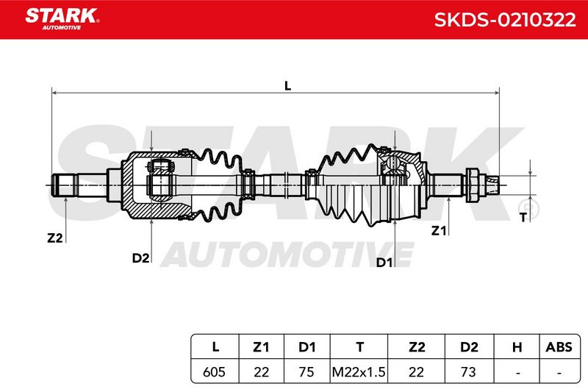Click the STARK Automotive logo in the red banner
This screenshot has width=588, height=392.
[x=62, y=19]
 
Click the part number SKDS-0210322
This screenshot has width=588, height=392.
[x=505, y=20]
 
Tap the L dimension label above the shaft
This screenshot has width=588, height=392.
[x=287, y=85]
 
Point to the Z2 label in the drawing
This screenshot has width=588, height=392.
[x=54, y=238]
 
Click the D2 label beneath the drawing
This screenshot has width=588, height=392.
[x=140, y=258]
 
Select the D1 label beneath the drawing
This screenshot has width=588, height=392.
[x=384, y=263]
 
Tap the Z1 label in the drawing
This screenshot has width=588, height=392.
[x=439, y=230]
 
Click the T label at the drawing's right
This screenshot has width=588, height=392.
[x=523, y=217]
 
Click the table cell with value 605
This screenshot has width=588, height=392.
[x=215, y=371]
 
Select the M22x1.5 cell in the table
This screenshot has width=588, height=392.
[x=359, y=371]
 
